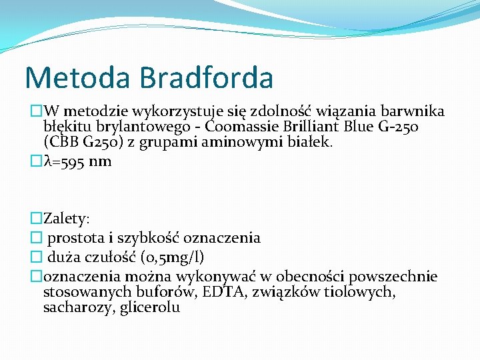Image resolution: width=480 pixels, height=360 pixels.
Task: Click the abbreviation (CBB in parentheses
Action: pos(61,141)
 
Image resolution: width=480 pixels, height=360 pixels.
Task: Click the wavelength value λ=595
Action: pos(67,161)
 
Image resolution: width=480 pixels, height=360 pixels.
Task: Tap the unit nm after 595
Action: pos(102,161)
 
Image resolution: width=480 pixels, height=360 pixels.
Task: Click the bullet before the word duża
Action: pos(35,257)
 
